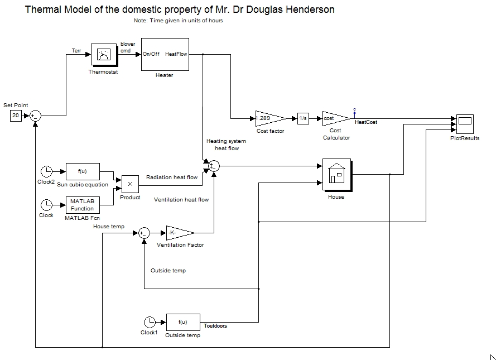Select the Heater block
tap(165, 54)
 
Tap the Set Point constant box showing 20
tap(16, 116)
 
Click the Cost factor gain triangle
tap(269, 118)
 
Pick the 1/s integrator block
tap(303, 118)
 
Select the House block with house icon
tap(336, 174)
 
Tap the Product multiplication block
tap(130, 184)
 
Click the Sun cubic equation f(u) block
tap(83, 171)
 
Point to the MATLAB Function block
tap(83, 205)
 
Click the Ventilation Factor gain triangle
tap(179, 233)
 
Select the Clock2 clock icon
tap(47, 171)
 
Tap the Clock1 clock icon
tap(150, 322)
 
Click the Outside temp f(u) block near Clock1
tap(183, 322)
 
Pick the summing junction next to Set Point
tap(36, 116)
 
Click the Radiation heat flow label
tap(172, 177)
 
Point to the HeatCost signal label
tap(366, 122)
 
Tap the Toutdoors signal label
tap(215, 326)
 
